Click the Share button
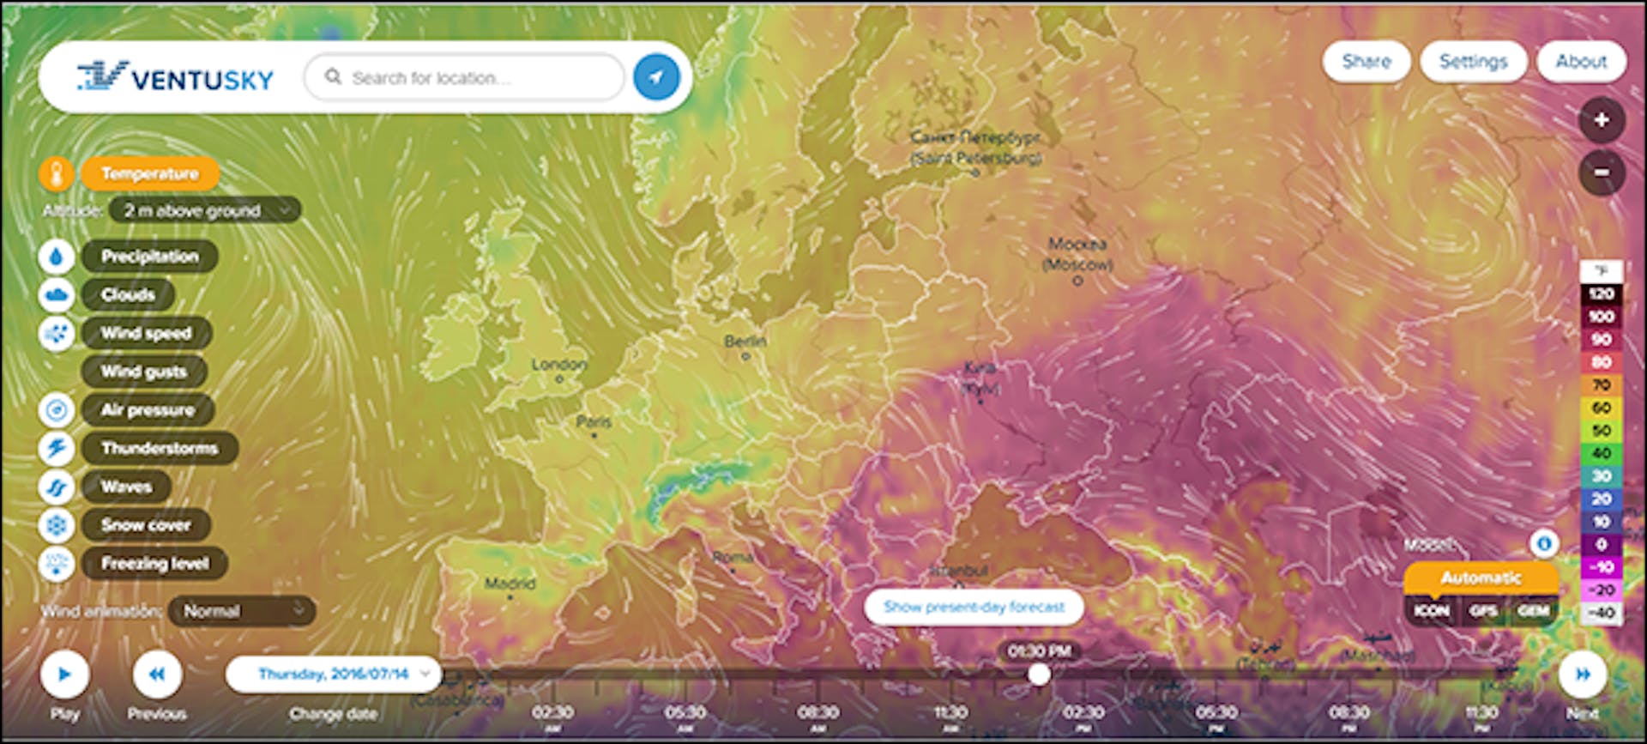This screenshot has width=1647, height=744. point(1366,62)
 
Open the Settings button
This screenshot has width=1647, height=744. point(1473,62)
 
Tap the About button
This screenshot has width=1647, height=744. point(1580,62)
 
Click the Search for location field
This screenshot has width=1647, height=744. point(468,78)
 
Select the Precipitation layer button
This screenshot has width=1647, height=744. point(149,257)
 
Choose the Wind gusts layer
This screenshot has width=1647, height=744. point(144,372)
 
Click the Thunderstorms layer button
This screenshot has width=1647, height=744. point(160,448)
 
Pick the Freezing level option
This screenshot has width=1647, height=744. point(154,564)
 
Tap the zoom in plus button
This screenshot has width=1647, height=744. point(1601,120)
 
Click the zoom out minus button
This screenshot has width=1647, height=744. point(1601,172)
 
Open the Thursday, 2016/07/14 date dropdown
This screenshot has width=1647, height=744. point(334,674)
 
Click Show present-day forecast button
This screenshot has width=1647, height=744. point(974,608)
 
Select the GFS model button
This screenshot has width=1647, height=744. point(1482,611)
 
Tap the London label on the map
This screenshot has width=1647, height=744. point(558,366)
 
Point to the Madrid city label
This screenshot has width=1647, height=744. point(510,584)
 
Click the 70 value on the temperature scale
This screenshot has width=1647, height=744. point(1601,385)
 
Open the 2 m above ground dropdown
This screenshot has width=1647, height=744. point(204,210)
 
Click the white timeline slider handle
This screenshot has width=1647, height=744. point(1039,674)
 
